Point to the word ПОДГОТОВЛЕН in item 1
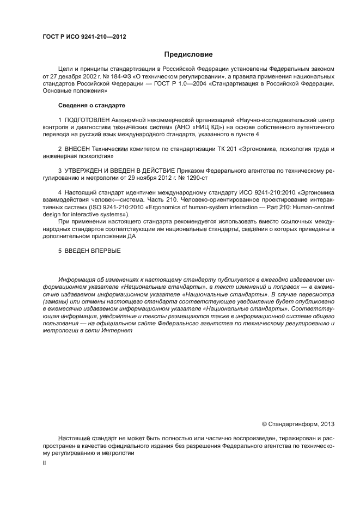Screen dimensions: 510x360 [87, 119]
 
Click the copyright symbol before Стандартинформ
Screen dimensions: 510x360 [265, 423]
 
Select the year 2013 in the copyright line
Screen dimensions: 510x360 [327, 423]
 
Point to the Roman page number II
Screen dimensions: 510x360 [44, 463]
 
